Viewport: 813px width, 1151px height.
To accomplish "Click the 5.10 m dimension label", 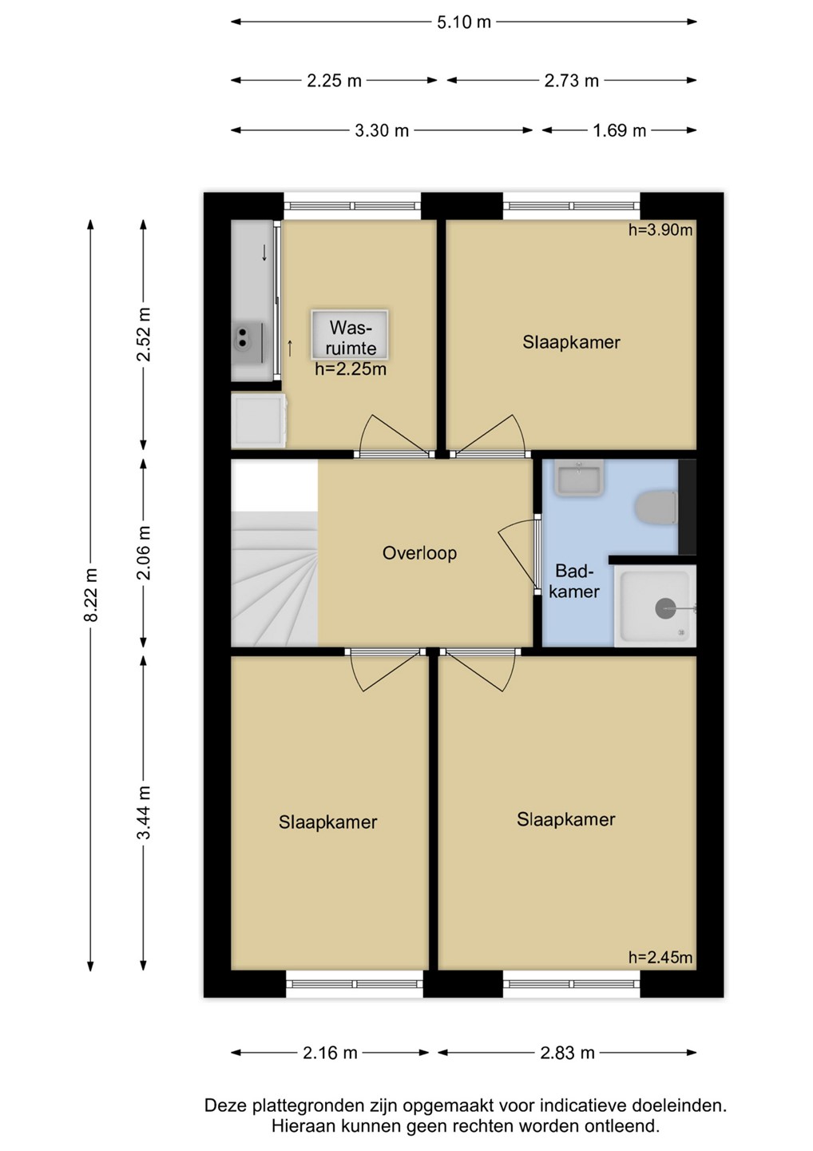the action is (x=464, y=22).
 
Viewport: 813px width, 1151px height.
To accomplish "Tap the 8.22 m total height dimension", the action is (x=91, y=595).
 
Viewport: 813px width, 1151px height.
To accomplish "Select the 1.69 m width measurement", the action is (x=620, y=131).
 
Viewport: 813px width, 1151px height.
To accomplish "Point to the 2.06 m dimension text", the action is (x=145, y=552).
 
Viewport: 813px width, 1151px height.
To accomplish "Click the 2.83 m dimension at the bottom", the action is (x=567, y=1053).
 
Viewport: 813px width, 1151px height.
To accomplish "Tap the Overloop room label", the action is (x=419, y=553).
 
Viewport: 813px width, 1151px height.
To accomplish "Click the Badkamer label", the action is (x=574, y=581).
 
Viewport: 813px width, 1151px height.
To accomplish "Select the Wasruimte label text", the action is (x=351, y=337).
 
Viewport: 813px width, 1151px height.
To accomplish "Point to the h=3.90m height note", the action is (x=660, y=229).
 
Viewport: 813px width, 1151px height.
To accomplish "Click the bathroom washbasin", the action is (x=579, y=478).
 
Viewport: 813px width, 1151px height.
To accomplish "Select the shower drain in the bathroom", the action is (x=666, y=608).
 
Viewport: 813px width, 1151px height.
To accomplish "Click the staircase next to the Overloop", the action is (x=274, y=579).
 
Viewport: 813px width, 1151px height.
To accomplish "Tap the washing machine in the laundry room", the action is (x=259, y=420).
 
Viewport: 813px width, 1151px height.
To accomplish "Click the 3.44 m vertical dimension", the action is (x=145, y=812).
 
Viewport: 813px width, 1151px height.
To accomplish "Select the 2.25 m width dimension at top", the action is (x=334, y=82).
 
